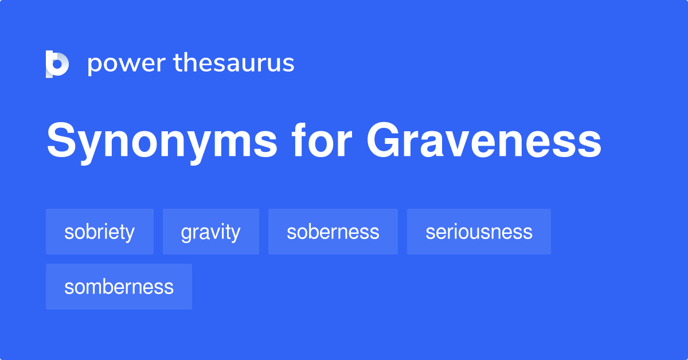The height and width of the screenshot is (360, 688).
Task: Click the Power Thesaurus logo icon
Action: [57, 63]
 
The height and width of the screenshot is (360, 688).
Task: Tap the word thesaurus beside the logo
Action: [234, 63]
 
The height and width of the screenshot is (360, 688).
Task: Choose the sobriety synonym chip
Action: [99, 232]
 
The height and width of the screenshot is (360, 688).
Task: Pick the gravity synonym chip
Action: [210, 232]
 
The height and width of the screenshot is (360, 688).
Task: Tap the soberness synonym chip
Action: [333, 232]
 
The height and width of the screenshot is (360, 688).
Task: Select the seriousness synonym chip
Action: [479, 232]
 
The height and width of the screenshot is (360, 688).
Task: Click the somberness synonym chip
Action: [119, 287]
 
